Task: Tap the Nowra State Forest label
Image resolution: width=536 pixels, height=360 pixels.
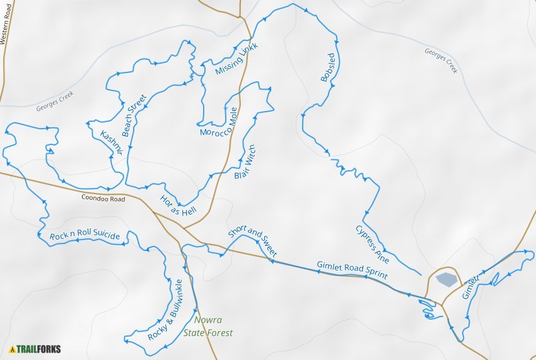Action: tap(208, 327)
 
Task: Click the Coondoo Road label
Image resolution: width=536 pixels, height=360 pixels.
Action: tap(103, 199)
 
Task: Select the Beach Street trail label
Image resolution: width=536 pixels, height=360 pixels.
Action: tap(134, 116)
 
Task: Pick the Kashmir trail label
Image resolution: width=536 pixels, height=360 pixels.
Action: tap(111, 143)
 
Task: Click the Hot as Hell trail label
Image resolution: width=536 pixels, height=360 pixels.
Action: tap(178, 206)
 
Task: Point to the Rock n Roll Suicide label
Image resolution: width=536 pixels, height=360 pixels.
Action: tap(84, 235)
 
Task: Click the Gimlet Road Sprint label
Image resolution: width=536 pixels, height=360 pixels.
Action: tap(352, 270)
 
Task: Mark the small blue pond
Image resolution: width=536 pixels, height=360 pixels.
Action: tap(446, 279)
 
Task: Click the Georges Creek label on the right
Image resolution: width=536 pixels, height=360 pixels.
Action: tap(441, 61)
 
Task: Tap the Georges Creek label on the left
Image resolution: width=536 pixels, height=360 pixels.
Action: tap(55, 101)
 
